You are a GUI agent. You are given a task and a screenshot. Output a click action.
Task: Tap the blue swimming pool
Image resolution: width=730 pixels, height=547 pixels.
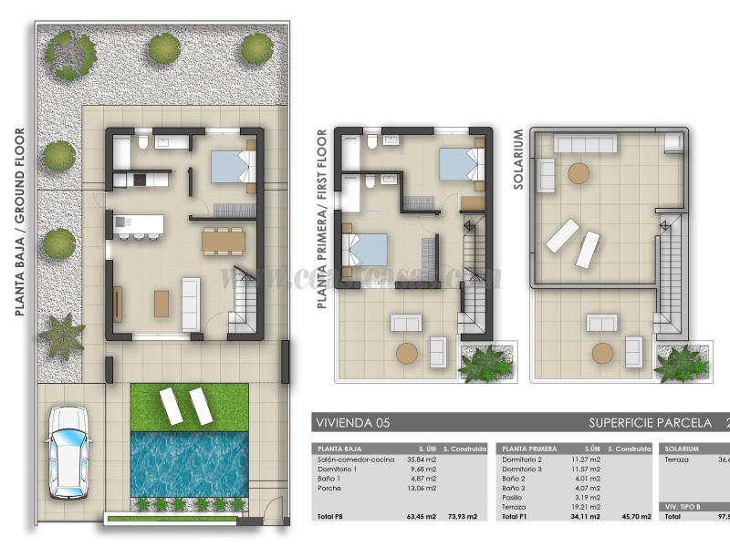pos(189,464)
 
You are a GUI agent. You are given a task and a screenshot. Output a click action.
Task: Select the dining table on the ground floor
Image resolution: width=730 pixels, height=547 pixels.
pos(224,240)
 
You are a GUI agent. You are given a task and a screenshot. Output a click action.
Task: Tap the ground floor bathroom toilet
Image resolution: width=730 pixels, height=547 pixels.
pos(143,143)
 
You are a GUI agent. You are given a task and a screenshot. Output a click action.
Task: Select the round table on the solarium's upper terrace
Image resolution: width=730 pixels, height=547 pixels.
pos(579,173)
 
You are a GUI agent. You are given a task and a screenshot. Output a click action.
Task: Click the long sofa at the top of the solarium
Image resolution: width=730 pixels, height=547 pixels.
pos(586,143)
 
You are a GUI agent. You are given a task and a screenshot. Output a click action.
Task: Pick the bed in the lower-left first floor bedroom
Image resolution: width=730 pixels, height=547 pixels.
pos(365,249)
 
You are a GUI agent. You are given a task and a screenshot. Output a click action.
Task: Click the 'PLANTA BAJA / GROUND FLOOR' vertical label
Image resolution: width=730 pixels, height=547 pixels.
pos(19,222)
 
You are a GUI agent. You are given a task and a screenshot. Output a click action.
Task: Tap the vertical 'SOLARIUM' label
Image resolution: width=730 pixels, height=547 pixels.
pos(518,159)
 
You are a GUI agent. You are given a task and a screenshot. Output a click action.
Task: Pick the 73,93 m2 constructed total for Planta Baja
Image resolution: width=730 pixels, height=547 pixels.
pos(462,517)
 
